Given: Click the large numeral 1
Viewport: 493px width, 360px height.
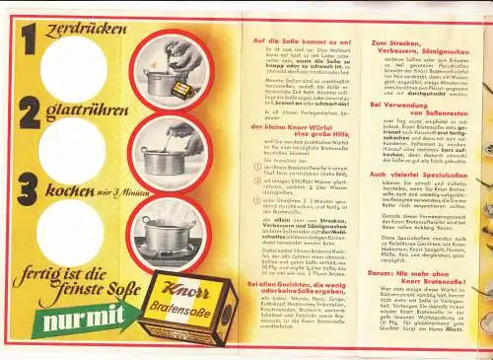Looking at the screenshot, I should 30,39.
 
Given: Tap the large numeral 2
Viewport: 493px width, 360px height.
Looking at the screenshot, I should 30,110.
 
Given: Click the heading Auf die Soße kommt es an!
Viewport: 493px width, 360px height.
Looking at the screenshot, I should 293,40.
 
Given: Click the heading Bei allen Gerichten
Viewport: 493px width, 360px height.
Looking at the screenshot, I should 293,259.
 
